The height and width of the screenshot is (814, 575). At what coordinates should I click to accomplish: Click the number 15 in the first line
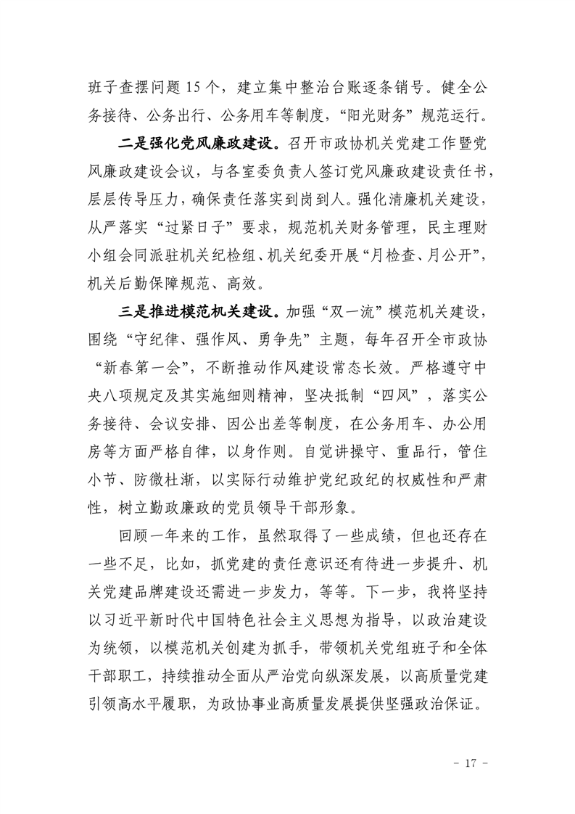pos(197,91)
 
